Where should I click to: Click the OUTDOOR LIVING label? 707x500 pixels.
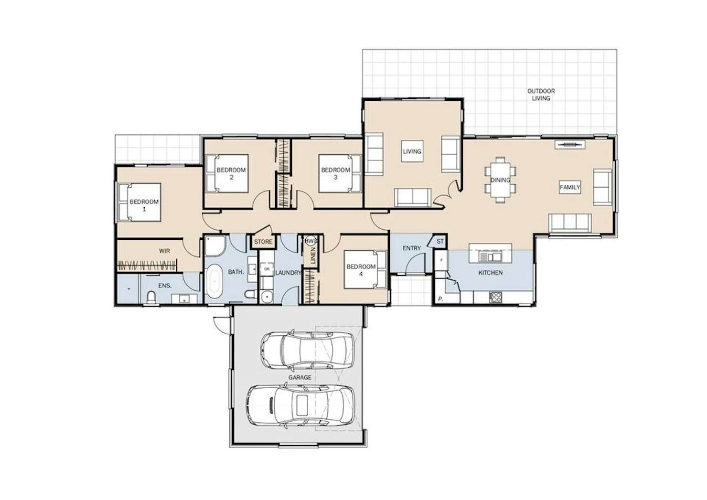pyautogui.click(x=541, y=95)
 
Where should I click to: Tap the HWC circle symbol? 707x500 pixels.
pyautogui.click(x=311, y=241)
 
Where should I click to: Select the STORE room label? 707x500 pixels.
pyautogui.click(x=263, y=242)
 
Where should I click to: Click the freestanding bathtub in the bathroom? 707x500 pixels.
pyautogui.click(x=214, y=281)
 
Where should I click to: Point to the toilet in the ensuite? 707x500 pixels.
pyautogui.click(x=151, y=297)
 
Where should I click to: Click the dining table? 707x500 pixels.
pyautogui.click(x=501, y=180)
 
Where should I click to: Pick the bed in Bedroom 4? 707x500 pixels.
pyautogui.click(x=365, y=270)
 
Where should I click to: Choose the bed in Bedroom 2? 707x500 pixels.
pyautogui.click(x=226, y=173)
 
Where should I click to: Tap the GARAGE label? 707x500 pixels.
pyautogui.click(x=300, y=377)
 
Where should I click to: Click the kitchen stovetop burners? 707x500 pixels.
pyautogui.click(x=495, y=297)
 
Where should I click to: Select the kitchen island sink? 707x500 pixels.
pyautogui.click(x=490, y=257)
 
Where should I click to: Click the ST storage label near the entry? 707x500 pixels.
pyautogui.click(x=440, y=241)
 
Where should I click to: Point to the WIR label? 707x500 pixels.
pyautogui.click(x=164, y=251)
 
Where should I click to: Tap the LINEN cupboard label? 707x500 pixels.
pyautogui.click(x=313, y=255)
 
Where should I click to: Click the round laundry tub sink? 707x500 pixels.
pyautogui.click(x=267, y=297)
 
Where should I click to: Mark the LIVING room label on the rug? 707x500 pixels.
pyautogui.click(x=412, y=151)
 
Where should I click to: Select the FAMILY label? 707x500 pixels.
pyautogui.click(x=570, y=187)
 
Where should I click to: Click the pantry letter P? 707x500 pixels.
pyautogui.click(x=440, y=299)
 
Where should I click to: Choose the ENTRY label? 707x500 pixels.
pyautogui.click(x=412, y=248)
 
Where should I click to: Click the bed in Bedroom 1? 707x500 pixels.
pyautogui.click(x=139, y=202)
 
